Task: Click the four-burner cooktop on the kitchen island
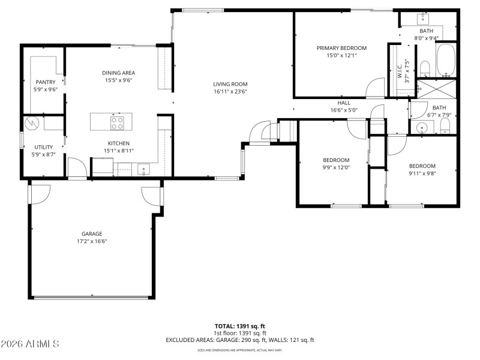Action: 118,124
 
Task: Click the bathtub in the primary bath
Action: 446,60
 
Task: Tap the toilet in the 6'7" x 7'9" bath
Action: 445,126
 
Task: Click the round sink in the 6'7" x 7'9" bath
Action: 422,127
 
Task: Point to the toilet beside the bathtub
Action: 424,68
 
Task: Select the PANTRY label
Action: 45,82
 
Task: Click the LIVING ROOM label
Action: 230,84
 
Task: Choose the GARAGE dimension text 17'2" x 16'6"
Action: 92,242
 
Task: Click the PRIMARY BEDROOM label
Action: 341,48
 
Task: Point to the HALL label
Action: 344,103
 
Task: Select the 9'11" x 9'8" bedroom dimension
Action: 422,173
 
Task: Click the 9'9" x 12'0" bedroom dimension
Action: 336,167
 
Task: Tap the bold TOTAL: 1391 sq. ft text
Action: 239,325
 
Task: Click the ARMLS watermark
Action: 30,344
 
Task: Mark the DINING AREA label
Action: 118,73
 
